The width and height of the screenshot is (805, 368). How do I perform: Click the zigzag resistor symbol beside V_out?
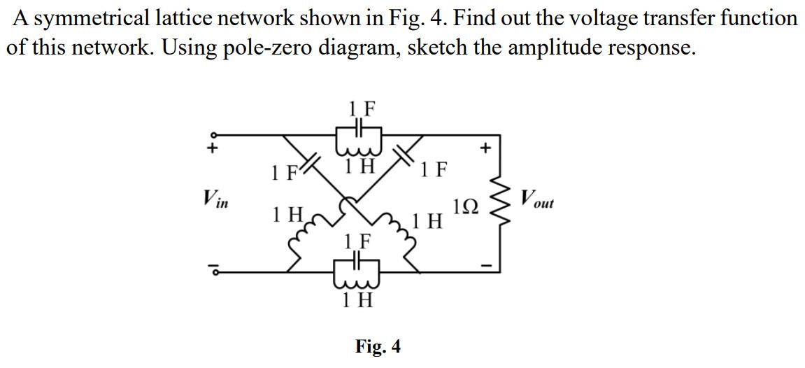point(499,197)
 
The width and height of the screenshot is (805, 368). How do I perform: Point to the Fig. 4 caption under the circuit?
point(378,346)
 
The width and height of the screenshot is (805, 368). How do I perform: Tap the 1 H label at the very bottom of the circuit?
point(357,302)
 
